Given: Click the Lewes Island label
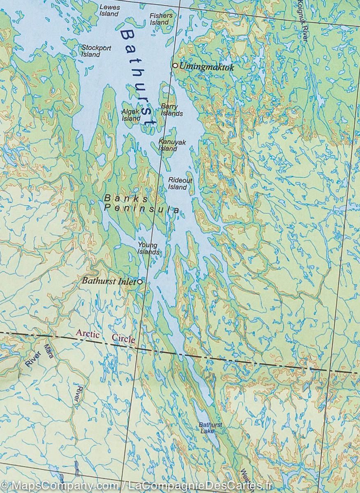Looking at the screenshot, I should point(109,10).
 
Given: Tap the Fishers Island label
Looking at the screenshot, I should point(161,19).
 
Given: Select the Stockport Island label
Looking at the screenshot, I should point(96,51).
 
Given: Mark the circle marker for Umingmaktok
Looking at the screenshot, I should point(175,65).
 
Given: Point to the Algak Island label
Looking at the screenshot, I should point(131,115).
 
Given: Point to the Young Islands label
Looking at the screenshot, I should point(148,249).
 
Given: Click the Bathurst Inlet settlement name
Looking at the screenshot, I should point(109,281).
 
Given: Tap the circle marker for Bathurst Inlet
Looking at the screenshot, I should point(140,282).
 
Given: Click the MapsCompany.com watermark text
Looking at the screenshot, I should point(62,486).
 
